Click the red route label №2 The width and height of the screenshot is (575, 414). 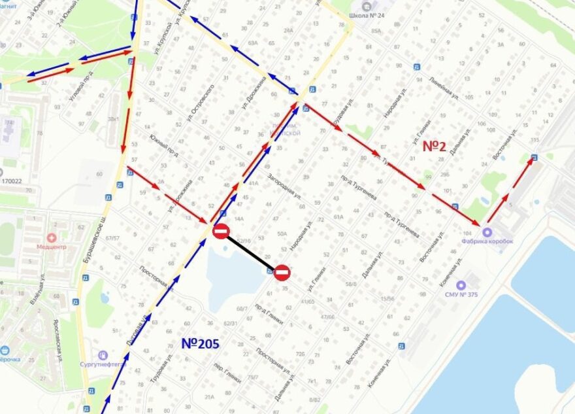[434, 146]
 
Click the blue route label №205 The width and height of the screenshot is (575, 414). [199, 343]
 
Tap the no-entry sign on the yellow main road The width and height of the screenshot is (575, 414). [221, 231]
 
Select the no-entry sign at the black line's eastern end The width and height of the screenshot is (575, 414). [282, 272]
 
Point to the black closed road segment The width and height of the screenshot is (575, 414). [251, 252]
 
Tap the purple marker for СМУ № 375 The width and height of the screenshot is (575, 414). [461, 285]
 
